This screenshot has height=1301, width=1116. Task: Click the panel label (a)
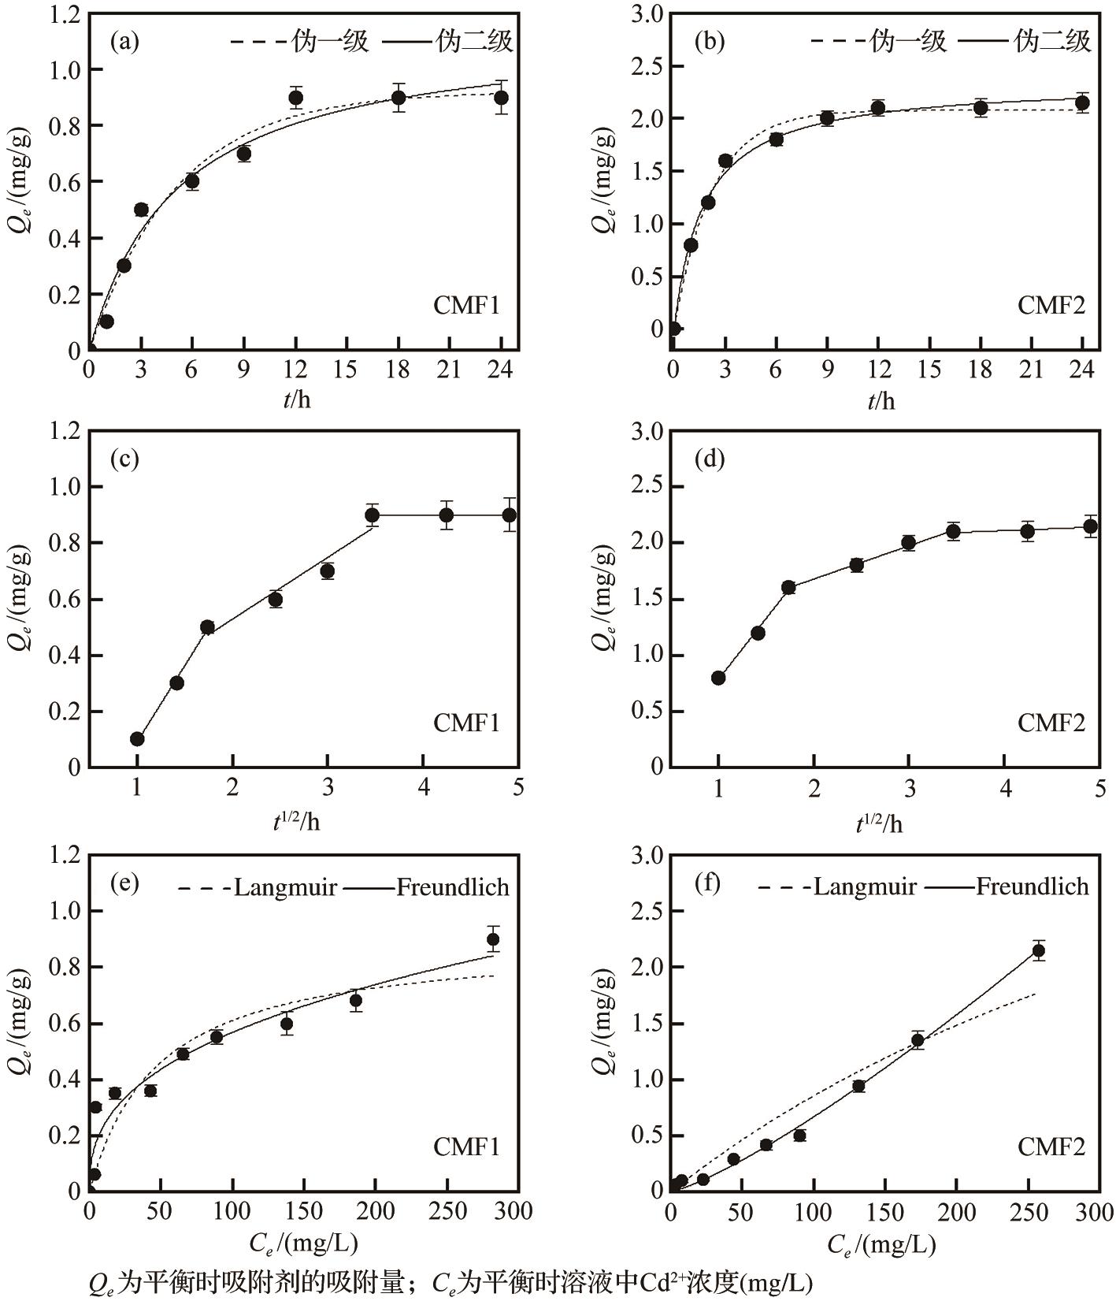[x=124, y=41]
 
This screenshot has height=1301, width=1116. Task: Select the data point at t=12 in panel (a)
[x=296, y=98]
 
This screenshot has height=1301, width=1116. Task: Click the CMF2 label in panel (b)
[x=1051, y=305]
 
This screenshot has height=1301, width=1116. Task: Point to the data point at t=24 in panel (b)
[x=1082, y=102]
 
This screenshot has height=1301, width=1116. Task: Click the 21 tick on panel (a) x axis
[x=449, y=370]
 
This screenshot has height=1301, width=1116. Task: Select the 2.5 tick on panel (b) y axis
[x=647, y=66]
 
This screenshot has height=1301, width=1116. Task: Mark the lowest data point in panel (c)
[x=137, y=738]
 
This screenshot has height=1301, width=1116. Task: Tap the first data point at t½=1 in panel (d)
[x=718, y=678]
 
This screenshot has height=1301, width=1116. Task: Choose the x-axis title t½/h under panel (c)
[x=296, y=822]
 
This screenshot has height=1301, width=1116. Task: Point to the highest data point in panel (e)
[x=493, y=939]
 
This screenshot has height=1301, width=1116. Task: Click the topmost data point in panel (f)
[x=1038, y=950]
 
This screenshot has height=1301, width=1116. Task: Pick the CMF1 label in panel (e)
[x=466, y=1147]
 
